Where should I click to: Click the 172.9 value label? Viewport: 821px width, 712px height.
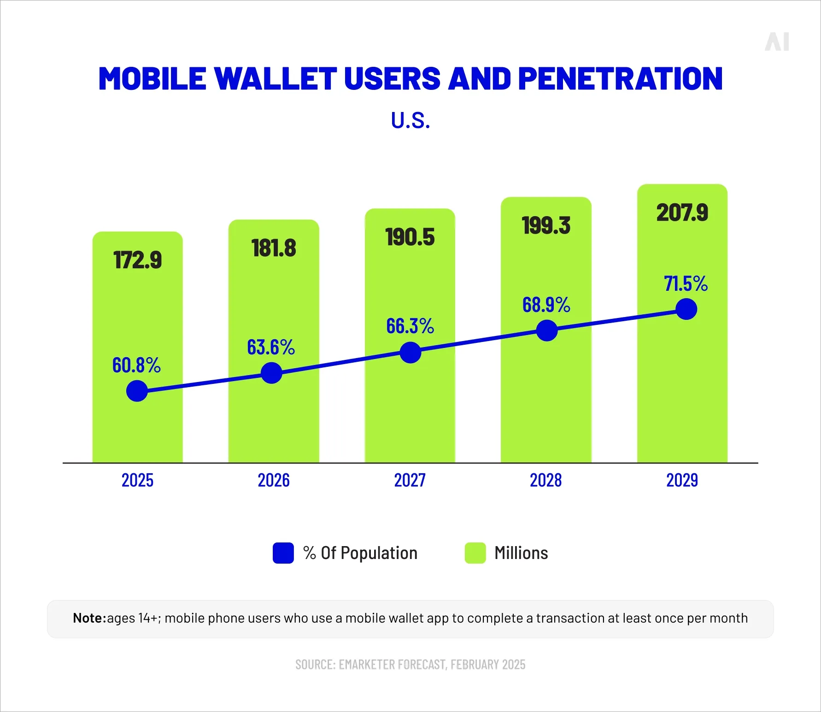pos(137,260)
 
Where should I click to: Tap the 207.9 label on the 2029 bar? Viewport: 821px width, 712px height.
pos(682,213)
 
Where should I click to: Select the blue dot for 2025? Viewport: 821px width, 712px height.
pos(137,391)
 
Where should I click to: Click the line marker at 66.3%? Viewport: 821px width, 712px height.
pos(410,353)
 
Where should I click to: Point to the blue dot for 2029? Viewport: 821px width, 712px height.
pos(686,309)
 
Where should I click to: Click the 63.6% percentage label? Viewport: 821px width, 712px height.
pos(271,347)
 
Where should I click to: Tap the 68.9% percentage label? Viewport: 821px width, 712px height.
pos(546,305)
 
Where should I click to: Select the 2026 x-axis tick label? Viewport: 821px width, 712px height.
pos(274,480)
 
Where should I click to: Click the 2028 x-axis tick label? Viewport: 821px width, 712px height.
pos(545,480)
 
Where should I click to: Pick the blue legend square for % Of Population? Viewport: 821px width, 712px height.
pos(283,553)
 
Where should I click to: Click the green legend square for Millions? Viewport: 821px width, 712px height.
pos(475,553)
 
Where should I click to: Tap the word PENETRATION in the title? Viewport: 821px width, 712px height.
pos(620,78)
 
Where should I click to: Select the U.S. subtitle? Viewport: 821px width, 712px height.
pos(410,120)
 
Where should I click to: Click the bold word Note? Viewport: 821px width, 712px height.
pos(89,618)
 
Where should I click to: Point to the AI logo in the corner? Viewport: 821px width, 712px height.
pos(777,42)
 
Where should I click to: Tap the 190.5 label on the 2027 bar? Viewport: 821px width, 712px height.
pos(410,237)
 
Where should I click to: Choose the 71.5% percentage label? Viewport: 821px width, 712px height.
pos(686,283)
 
